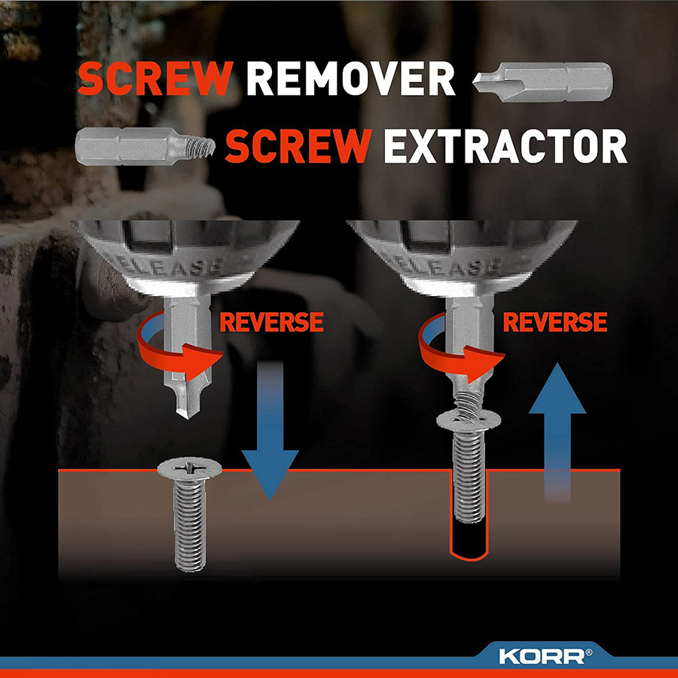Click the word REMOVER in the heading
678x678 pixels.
(350, 78)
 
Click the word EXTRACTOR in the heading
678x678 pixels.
(505, 145)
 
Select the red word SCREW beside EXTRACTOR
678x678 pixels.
(298, 145)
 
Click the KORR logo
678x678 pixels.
(545, 656)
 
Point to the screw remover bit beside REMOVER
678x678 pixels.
(542, 82)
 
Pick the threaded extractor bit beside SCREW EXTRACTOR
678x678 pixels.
(145, 146)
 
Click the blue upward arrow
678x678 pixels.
(557, 432)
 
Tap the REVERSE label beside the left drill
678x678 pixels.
(271, 322)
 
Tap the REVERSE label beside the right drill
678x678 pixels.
(555, 322)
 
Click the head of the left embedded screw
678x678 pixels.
(189, 469)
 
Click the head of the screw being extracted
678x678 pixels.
(469, 420)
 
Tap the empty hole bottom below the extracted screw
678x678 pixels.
(469, 556)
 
